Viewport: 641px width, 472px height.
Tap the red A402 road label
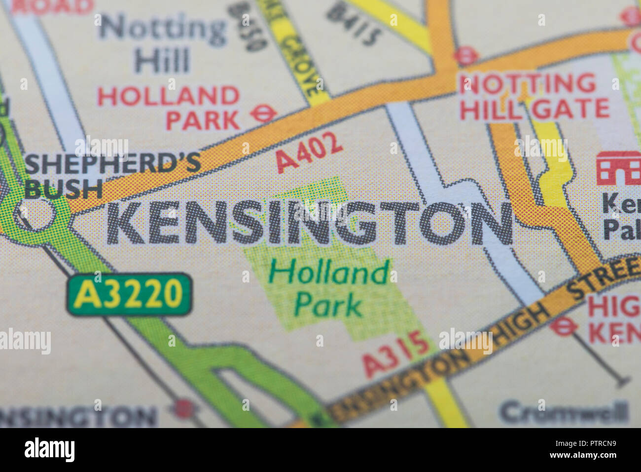(x=309, y=152)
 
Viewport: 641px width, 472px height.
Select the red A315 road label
(x=396, y=353)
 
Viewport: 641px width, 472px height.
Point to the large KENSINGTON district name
(x=310, y=224)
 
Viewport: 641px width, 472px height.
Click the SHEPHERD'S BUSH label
(x=112, y=175)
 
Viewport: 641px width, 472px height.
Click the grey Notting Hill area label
(x=163, y=44)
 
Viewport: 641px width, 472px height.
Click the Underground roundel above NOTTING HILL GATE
(x=465, y=56)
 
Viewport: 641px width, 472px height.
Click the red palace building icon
(x=618, y=168)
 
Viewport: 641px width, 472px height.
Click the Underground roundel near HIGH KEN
(x=563, y=326)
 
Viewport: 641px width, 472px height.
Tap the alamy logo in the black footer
(x=49, y=450)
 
